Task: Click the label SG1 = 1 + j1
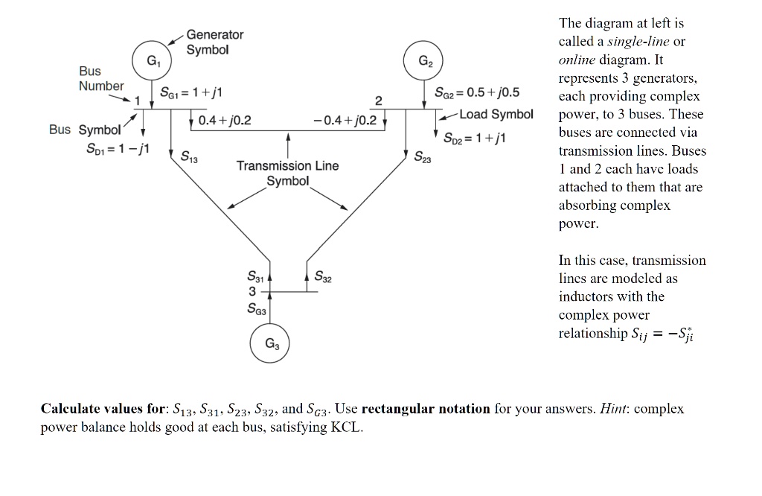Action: [x=191, y=92]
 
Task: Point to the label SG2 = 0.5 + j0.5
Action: [x=477, y=92]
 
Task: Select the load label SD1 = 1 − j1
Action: [x=117, y=148]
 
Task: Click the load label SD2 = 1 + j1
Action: [x=474, y=138]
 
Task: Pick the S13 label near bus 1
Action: [x=189, y=157]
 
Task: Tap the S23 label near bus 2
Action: [x=423, y=157]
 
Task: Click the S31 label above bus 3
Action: [x=255, y=277]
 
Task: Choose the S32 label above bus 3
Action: [x=323, y=277]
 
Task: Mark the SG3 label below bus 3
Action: [x=257, y=308]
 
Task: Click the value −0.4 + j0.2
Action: [x=345, y=120]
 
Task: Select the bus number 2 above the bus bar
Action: [x=379, y=101]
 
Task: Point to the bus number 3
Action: [x=252, y=292]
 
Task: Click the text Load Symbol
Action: [x=496, y=114]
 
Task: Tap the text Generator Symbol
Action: [x=214, y=42]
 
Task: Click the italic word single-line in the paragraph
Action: [x=638, y=42]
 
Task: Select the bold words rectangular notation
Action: [x=426, y=408]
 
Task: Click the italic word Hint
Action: [x=613, y=408]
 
